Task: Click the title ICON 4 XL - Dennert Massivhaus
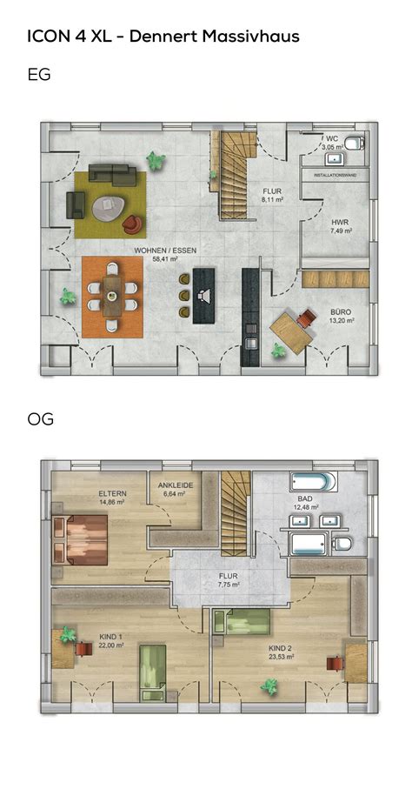(x=163, y=36)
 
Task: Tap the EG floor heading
(x=39, y=75)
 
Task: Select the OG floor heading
(x=41, y=420)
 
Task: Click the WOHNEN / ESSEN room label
(x=164, y=250)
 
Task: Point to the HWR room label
(x=340, y=222)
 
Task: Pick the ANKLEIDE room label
(x=174, y=486)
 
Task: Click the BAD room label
(x=306, y=498)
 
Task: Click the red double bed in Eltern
(x=80, y=537)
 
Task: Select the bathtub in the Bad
(x=313, y=481)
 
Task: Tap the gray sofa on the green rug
(x=110, y=172)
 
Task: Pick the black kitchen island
(x=205, y=295)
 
